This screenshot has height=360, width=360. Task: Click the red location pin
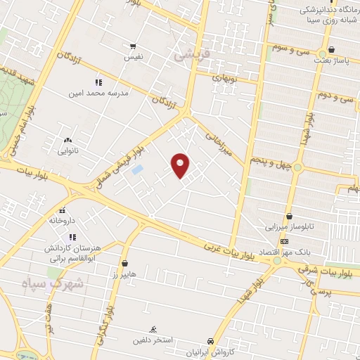tap(181, 166)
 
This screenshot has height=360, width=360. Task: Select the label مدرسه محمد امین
tap(97, 93)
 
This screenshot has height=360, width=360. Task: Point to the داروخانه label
tap(62, 220)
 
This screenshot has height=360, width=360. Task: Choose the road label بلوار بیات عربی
tap(229, 250)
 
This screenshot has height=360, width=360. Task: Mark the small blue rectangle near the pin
tap(137, 169)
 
